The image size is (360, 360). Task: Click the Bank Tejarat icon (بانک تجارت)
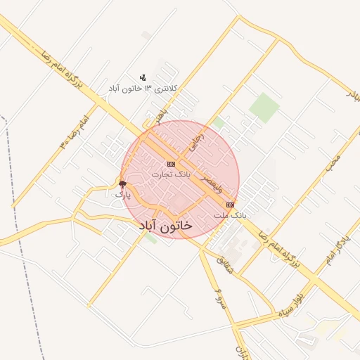pos(171,164)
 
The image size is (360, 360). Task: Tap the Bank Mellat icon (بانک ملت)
pos(231,205)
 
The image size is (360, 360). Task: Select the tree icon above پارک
pos(123,183)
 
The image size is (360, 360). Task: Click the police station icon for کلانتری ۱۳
pos(143,77)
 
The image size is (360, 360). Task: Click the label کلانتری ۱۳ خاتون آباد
pos(143,89)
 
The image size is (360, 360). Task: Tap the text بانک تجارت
pos(171,174)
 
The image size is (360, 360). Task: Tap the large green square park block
pos(264,106)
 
